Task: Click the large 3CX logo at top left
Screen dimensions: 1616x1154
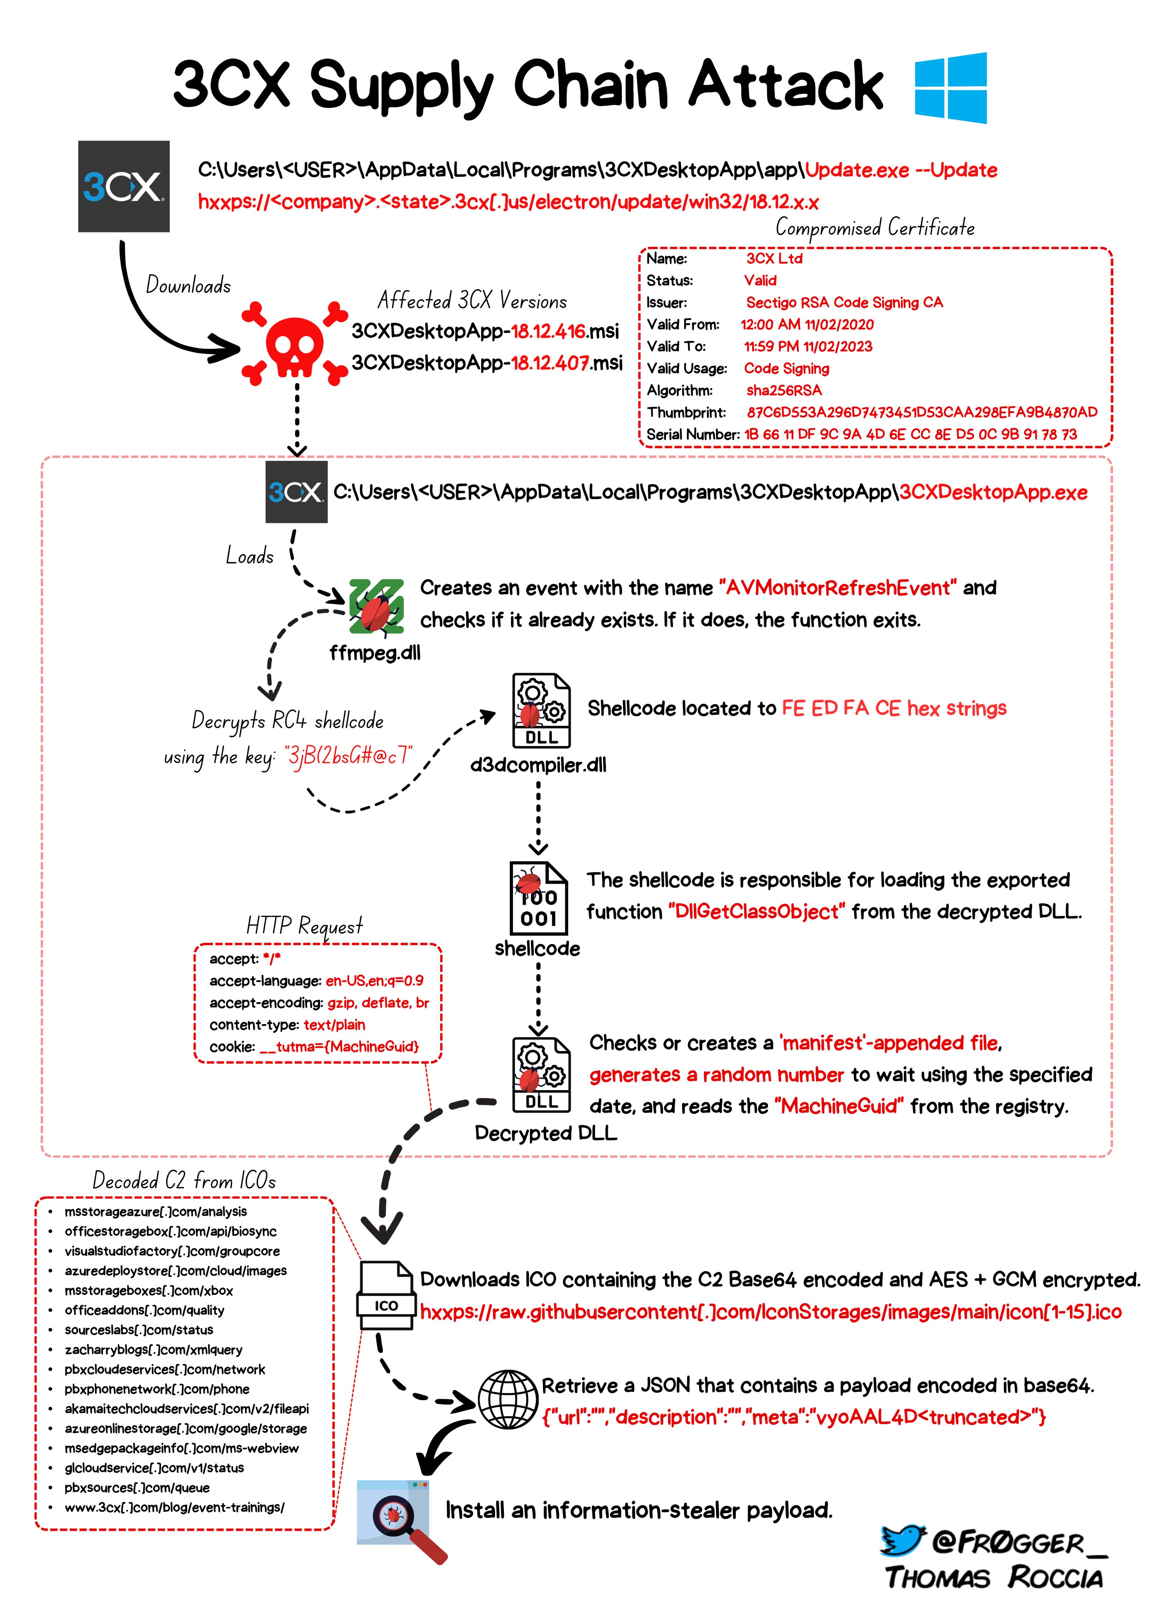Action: pos(123,186)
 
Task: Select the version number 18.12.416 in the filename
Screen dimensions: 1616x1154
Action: pos(548,331)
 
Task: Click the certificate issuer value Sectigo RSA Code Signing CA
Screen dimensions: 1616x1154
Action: pos(844,303)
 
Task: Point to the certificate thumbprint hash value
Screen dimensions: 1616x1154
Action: pos(922,412)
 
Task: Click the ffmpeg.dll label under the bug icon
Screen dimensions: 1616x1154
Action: pos(374,653)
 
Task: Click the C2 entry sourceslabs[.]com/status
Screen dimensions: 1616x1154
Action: pos(138,1330)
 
